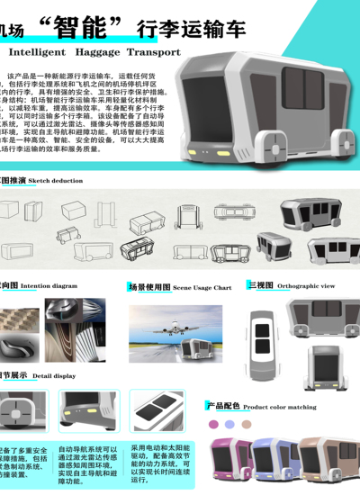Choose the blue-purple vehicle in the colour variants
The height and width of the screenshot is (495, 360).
click(274, 464)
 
